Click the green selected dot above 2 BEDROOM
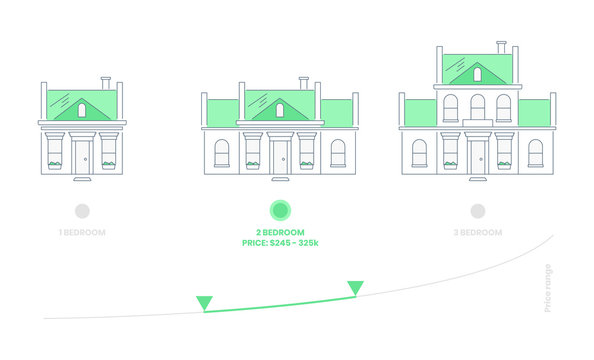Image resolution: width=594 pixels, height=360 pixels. pyautogui.click(x=280, y=210)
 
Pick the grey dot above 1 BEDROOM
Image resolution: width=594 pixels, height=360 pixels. pyautogui.click(x=82, y=210)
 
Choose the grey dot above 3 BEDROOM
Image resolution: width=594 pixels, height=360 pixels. pyautogui.click(x=478, y=210)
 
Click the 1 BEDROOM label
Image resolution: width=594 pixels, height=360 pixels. pyautogui.click(x=82, y=232)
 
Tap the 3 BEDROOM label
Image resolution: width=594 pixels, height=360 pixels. pyautogui.click(x=477, y=232)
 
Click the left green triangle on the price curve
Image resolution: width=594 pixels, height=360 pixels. pyautogui.click(x=204, y=302)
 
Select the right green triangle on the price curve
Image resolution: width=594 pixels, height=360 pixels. pyautogui.click(x=355, y=288)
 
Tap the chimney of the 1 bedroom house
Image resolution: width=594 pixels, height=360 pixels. pyautogui.click(x=105, y=82)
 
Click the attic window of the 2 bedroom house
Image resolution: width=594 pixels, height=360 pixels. pyautogui.click(x=279, y=110)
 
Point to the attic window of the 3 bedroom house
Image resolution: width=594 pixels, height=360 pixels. pyautogui.click(x=477, y=74)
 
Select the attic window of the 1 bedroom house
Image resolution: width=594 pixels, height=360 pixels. pyautogui.click(x=82, y=110)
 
